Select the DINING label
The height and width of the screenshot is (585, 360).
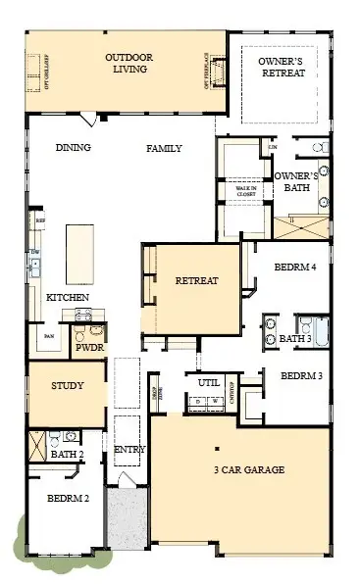[74, 148]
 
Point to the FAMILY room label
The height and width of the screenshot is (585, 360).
[164, 148]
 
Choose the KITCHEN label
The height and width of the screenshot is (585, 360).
[69, 297]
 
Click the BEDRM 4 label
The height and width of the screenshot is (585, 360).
[295, 267]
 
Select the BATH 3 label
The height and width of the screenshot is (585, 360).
[294, 339]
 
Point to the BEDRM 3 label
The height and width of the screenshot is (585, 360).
[301, 375]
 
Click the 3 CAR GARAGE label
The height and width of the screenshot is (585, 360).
[249, 470]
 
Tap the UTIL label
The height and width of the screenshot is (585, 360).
[208, 382]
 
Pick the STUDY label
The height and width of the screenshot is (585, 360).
[67, 386]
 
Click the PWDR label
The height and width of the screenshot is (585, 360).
[89, 346]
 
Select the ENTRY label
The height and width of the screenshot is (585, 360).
[129, 450]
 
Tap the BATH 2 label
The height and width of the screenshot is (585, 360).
[66, 455]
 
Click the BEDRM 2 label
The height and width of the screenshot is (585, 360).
[69, 499]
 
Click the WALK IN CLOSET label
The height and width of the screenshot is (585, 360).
[244, 191]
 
